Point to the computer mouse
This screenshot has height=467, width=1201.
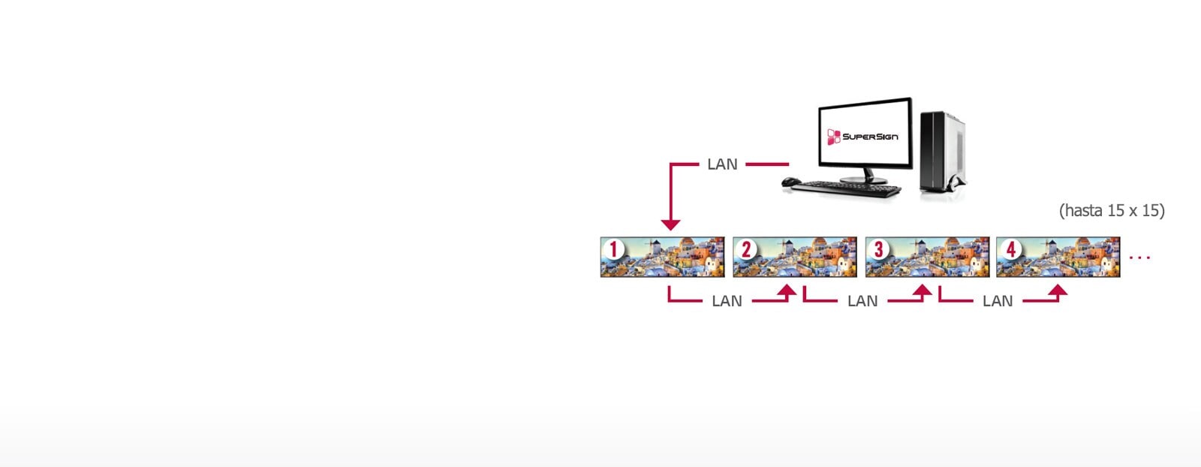pos(789,182)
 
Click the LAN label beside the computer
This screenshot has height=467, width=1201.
pos(722,164)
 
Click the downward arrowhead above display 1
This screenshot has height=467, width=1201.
pos(670,224)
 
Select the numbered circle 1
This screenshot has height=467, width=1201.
pos(614,249)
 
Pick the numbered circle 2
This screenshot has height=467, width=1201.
pos(746,249)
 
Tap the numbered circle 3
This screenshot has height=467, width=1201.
pos(878,249)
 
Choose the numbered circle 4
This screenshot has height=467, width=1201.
pos(1010,249)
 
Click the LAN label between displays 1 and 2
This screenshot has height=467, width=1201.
pos(727,301)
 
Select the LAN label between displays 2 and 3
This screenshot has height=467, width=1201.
pos(862,301)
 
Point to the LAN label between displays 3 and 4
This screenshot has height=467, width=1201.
pos(997,301)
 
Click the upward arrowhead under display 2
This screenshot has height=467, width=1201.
pos(787,291)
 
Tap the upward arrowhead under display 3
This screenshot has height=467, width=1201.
pos(922,291)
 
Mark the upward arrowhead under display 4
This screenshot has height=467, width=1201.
pos(1057,291)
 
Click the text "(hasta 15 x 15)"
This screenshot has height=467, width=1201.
pos(1112,211)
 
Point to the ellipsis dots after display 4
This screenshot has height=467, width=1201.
pos(1139,258)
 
